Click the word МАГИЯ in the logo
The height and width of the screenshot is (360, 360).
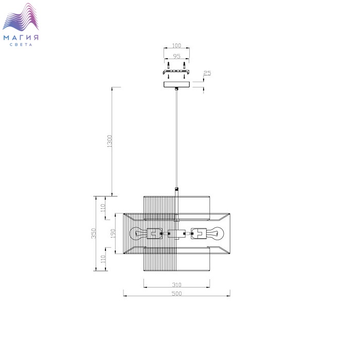21,38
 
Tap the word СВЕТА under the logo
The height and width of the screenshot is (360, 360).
21,45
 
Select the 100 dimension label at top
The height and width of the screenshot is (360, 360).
176,45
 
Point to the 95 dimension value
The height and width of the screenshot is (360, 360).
176,56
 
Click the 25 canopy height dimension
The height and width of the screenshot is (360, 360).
207,73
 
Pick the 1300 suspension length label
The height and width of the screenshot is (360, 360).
110,141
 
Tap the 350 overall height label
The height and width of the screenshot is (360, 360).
94,233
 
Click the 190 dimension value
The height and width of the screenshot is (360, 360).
113,233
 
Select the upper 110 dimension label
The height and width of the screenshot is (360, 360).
103,208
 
